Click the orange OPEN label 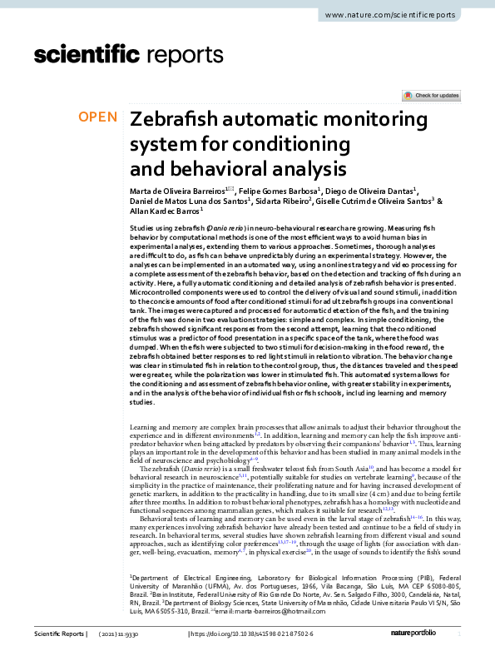click(x=97, y=117)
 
